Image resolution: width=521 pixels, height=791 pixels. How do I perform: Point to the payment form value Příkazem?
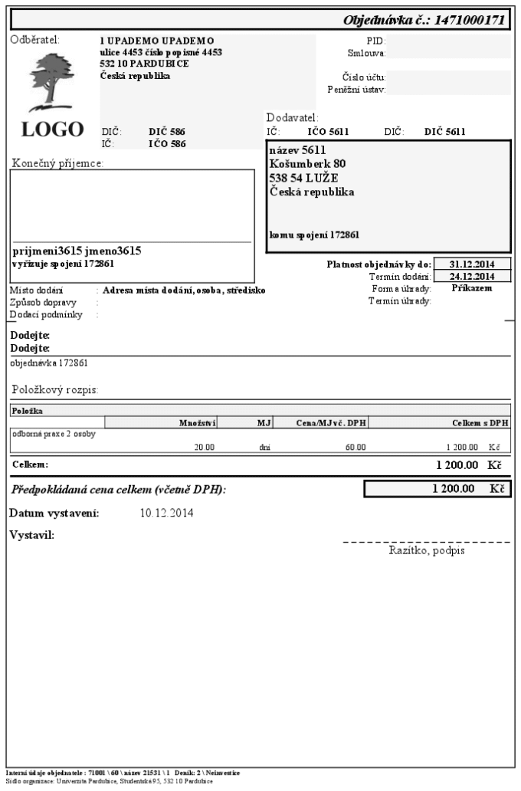point(471,288)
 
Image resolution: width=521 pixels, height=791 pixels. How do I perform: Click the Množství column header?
point(198,422)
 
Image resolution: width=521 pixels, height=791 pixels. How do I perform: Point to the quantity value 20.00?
point(204,446)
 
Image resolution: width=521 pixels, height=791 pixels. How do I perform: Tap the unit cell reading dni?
point(264,446)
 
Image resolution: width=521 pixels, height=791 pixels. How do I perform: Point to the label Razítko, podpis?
point(427,550)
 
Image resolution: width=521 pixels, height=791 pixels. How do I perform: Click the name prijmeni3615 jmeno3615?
point(77,251)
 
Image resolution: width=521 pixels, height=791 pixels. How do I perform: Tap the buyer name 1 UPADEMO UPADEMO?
point(156,40)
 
